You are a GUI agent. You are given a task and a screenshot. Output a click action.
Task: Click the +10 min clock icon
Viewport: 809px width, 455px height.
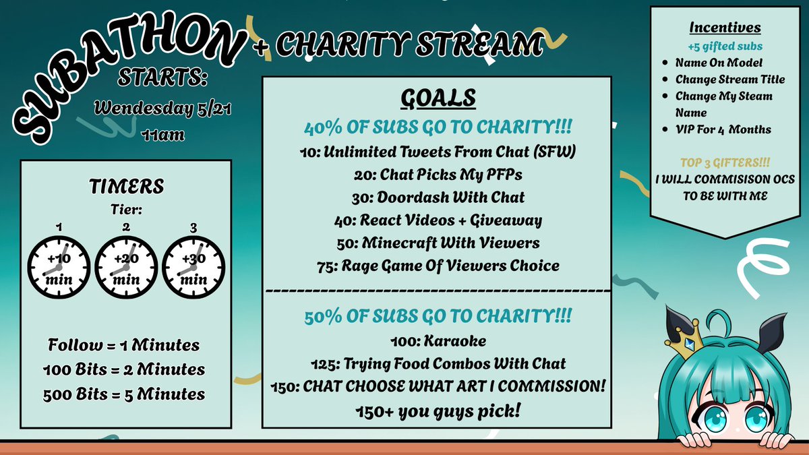pos(59,267)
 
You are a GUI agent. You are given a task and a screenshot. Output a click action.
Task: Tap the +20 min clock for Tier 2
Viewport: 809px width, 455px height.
pos(126,267)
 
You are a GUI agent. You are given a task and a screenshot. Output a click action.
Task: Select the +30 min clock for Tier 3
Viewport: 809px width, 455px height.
pos(193,267)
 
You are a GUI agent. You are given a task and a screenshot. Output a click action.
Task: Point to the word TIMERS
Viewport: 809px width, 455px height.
pos(126,187)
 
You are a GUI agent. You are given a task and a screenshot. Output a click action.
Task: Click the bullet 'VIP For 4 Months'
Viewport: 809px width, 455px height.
pos(723,129)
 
